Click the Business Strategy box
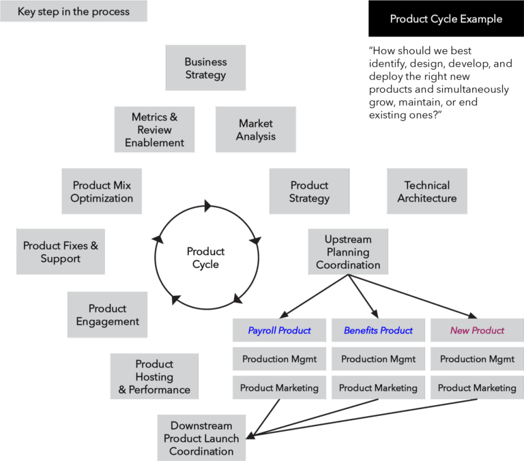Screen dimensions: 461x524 coord(205,68)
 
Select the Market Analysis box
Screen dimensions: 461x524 coord(256,130)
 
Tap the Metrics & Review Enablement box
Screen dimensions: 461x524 coord(154,130)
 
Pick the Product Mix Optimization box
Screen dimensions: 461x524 coord(102,192)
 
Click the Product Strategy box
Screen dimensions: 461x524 coord(309,192)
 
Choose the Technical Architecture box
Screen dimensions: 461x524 coord(427,192)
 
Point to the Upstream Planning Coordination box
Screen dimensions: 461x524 coord(348,252)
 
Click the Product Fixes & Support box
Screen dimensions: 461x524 coord(60,252)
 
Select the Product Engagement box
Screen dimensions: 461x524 coord(107,315)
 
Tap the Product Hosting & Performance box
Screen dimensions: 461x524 coord(154,376)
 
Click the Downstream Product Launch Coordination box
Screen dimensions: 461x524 coord(201,438)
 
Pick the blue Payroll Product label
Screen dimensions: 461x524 coord(279,331)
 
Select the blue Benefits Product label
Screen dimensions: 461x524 coord(378,331)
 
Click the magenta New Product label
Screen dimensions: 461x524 coord(477,331)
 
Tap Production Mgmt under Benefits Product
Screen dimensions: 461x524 coord(378,359)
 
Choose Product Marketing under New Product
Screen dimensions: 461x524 coord(477,387)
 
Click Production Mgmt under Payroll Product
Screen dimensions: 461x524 coord(279,359)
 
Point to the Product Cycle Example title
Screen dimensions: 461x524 coord(446,19)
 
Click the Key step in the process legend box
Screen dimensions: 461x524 coord(73,12)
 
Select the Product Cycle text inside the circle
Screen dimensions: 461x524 coord(206,258)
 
